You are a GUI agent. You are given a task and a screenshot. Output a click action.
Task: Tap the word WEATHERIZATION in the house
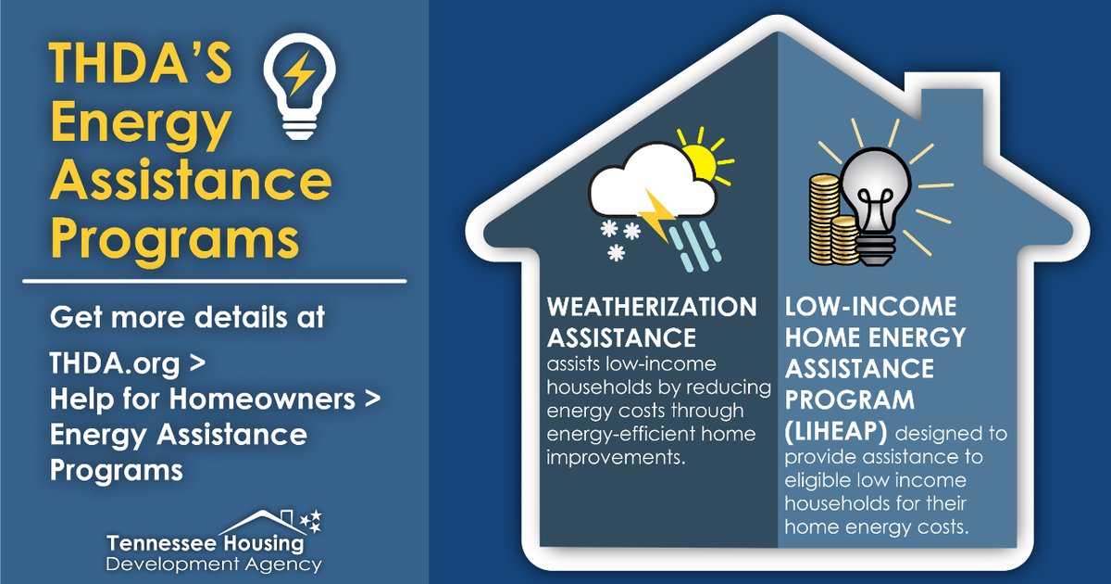(651, 306)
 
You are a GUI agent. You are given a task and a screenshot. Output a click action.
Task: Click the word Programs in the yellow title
(176, 238)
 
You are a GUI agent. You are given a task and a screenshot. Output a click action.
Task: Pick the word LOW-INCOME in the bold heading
(857, 307)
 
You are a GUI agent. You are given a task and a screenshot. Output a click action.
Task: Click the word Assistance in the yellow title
(190, 183)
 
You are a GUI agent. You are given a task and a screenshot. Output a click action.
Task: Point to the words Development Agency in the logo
(214, 565)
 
